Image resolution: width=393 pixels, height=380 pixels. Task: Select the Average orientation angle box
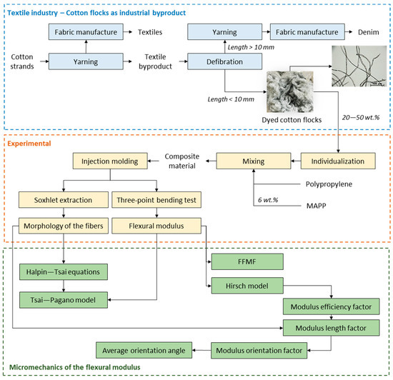[144, 350]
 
